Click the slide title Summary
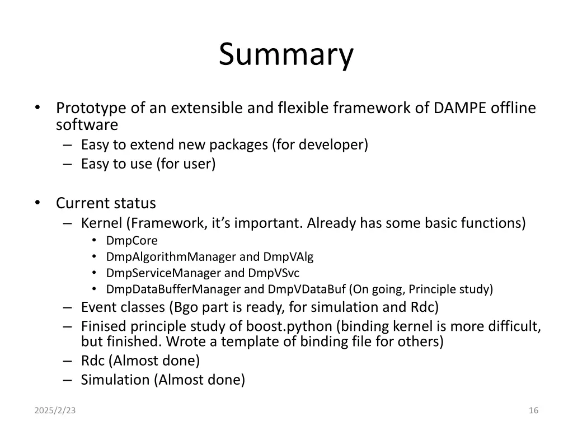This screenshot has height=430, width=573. [286, 55]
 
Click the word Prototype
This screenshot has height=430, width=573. [91, 107]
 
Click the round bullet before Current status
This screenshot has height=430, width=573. [37, 203]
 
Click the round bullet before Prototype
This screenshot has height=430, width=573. [37, 107]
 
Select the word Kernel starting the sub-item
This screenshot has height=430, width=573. [101, 223]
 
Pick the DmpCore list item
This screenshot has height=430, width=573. [132, 241]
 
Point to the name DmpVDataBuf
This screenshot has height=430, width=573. [307, 289]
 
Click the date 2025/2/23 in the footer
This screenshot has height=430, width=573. [55, 410]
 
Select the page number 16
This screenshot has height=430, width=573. [533, 410]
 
